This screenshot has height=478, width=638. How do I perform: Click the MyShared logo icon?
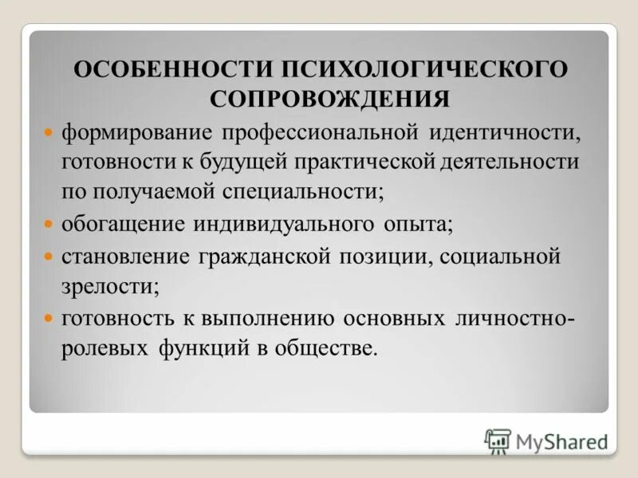coord(498,441)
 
